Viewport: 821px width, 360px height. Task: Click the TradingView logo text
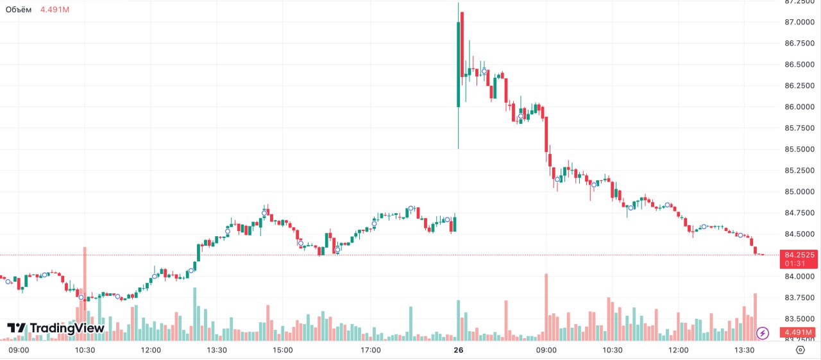(67, 328)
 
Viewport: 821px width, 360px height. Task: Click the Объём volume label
(19, 10)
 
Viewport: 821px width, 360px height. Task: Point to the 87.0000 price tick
(799, 22)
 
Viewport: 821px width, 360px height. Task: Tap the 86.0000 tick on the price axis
(799, 107)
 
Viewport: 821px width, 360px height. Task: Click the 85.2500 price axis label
(799, 171)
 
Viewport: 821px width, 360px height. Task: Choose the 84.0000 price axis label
(799, 277)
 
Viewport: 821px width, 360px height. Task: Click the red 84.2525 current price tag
(799, 255)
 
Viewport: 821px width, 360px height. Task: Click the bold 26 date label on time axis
(458, 350)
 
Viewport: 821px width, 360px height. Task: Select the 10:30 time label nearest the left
(85, 350)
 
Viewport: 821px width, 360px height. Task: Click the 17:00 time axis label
(371, 350)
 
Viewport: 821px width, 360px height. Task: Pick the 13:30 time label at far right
(744, 350)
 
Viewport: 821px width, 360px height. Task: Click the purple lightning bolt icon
(763, 333)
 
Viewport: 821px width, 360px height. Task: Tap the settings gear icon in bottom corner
(800, 350)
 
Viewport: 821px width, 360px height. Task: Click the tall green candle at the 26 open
(458, 64)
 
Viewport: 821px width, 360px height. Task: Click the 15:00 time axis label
(283, 350)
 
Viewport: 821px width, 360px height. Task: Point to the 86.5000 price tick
(799, 65)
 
